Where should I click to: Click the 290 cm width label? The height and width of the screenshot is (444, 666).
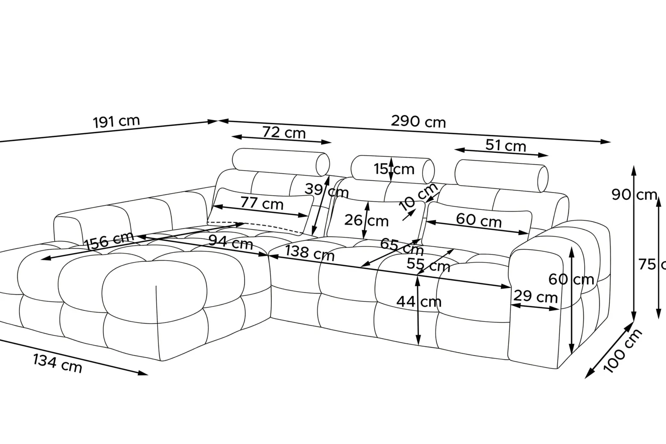418,122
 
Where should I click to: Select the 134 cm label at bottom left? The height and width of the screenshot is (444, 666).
57,363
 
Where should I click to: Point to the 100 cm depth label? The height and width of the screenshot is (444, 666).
622,351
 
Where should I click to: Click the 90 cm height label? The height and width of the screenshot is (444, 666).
634,195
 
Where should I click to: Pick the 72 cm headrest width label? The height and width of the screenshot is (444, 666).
284,133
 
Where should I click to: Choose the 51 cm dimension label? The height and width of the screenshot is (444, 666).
506,146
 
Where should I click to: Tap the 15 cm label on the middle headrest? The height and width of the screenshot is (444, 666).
394,169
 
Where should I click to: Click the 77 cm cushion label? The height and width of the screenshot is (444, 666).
262,203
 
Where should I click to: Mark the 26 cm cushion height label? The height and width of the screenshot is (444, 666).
366,221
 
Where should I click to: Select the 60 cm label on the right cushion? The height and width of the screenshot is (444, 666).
479,220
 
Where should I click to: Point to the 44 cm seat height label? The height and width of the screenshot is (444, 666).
419,302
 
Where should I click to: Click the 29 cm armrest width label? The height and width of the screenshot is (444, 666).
535,296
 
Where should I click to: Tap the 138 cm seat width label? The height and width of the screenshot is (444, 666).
310,253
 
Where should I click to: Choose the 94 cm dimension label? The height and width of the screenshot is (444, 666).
231,242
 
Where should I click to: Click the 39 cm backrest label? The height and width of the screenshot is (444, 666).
327,190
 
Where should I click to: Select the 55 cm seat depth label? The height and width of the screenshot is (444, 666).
428,264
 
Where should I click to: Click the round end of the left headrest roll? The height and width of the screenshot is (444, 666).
323,165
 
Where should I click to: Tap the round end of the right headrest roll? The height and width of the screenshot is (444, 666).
543,179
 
